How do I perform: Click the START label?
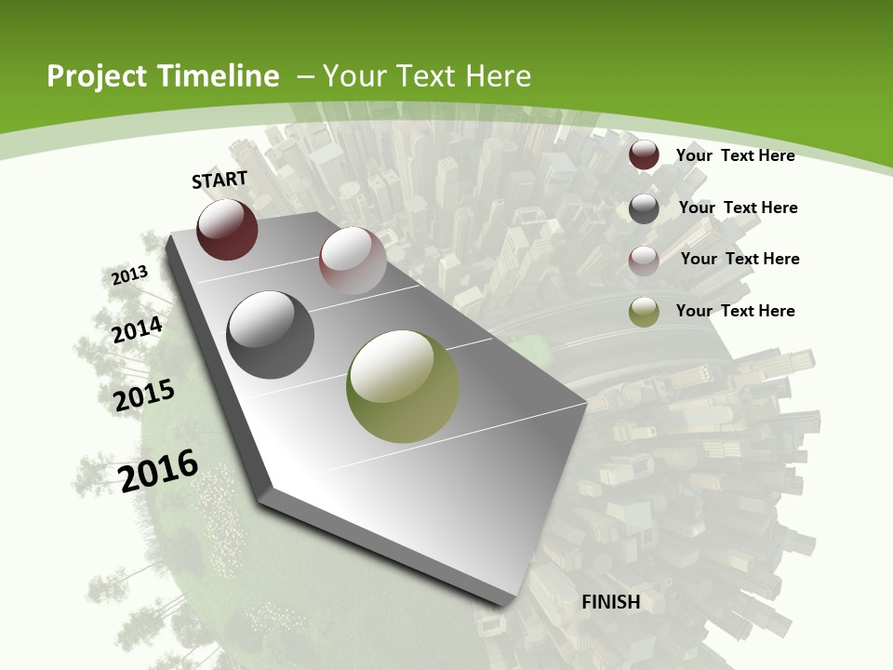click(220, 180)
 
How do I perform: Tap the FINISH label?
click(611, 602)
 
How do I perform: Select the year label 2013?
click(130, 275)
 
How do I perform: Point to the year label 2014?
click(138, 329)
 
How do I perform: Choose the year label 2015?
click(144, 395)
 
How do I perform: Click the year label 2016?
click(159, 470)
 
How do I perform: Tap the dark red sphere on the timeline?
click(227, 230)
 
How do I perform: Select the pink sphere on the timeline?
click(353, 261)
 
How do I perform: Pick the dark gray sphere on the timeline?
click(271, 335)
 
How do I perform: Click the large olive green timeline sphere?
click(403, 386)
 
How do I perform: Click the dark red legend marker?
click(644, 154)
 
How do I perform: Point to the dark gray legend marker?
click(644, 208)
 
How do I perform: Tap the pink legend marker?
click(644, 261)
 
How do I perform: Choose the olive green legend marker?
click(644, 312)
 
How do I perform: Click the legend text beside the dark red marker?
click(735, 155)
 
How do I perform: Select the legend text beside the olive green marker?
click(735, 311)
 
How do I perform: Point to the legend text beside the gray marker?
click(738, 208)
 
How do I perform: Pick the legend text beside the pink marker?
click(740, 259)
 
